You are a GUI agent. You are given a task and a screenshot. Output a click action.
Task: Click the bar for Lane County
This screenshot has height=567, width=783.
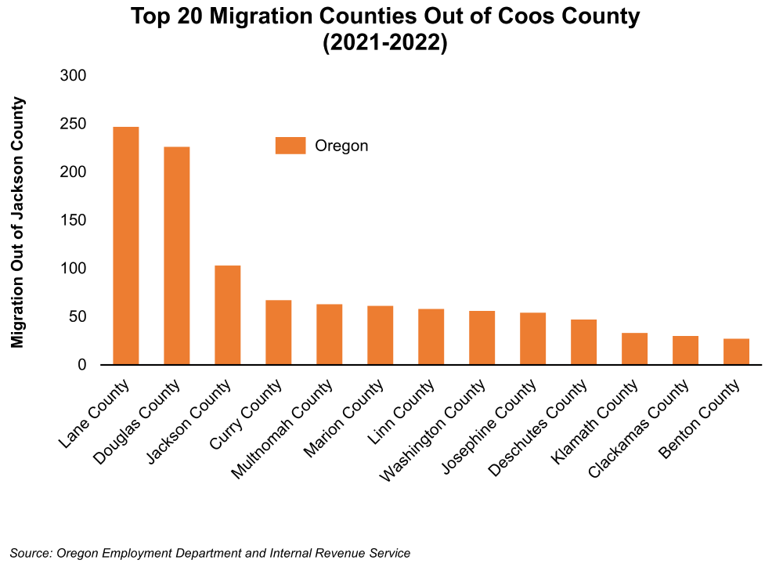(126, 246)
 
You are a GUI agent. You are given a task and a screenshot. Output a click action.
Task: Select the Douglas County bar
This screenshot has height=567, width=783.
(176, 256)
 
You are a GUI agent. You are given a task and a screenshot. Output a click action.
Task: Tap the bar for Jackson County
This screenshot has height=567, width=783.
(228, 315)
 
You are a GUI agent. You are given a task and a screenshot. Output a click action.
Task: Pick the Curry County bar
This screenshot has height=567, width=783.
(278, 333)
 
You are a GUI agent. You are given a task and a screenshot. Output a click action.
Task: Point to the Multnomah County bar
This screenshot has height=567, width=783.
(329, 334)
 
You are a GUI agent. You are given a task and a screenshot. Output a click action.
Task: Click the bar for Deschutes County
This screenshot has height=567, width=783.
(583, 342)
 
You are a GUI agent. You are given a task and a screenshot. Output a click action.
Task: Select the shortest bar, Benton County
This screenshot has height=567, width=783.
(736, 352)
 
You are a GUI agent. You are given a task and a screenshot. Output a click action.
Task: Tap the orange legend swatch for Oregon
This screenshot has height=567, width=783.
(290, 146)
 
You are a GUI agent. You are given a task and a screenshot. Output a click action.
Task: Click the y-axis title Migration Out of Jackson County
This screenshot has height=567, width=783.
(18, 222)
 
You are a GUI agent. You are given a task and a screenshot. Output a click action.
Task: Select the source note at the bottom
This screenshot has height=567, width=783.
(210, 553)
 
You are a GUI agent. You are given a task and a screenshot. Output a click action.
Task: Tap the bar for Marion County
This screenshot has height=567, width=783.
(380, 335)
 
